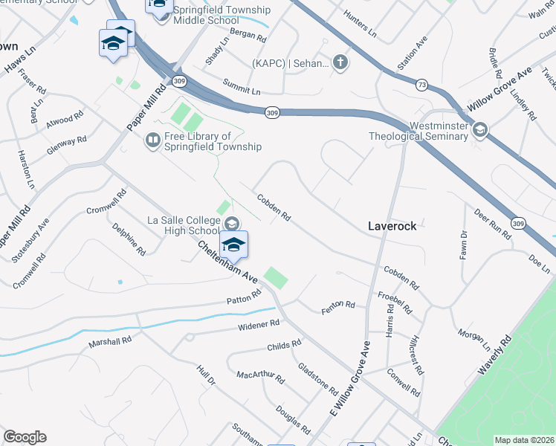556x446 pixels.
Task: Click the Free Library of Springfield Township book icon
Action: click(x=152, y=140)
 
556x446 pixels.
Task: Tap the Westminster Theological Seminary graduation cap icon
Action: click(x=479, y=131)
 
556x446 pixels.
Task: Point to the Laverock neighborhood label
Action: click(x=392, y=225)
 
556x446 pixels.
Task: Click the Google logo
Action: click(x=25, y=437)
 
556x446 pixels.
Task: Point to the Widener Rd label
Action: click(x=259, y=325)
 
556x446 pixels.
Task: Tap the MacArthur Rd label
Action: click(x=260, y=377)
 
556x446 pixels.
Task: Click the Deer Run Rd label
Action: click(x=493, y=225)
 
